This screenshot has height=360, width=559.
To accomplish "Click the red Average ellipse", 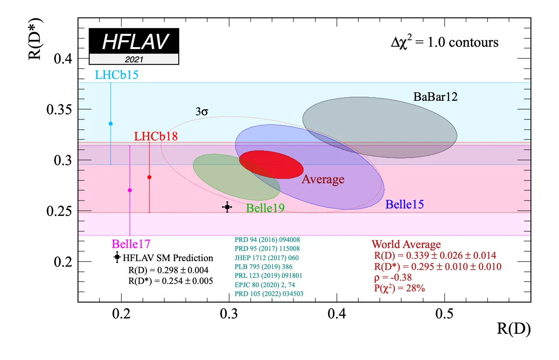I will pyautogui.click(x=271, y=165).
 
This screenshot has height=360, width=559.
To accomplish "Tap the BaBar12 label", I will pyautogui.click(x=435, y=97).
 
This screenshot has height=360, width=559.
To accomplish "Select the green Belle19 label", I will pyautogui.click(x=266, y=208).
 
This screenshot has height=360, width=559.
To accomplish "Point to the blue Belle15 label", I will pyautogui.click(x=405, y=204).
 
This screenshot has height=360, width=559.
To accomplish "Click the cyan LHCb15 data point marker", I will pyautogui.click(x=111, y=123).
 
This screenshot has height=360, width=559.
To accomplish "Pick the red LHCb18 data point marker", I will pyautogui.click(x=149, y=177).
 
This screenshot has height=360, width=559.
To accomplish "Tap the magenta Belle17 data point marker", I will pyautogui.click(x=130, y=190).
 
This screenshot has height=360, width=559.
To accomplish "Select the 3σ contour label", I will pyautogui.click(x=202, y=112).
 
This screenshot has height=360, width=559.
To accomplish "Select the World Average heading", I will pyautogui.click(x=406, y=244).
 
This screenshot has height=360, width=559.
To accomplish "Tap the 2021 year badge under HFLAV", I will pyautogui.click(x=134, y=59).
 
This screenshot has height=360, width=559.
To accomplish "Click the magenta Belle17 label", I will pyautogui.click(x=131, y=243).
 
